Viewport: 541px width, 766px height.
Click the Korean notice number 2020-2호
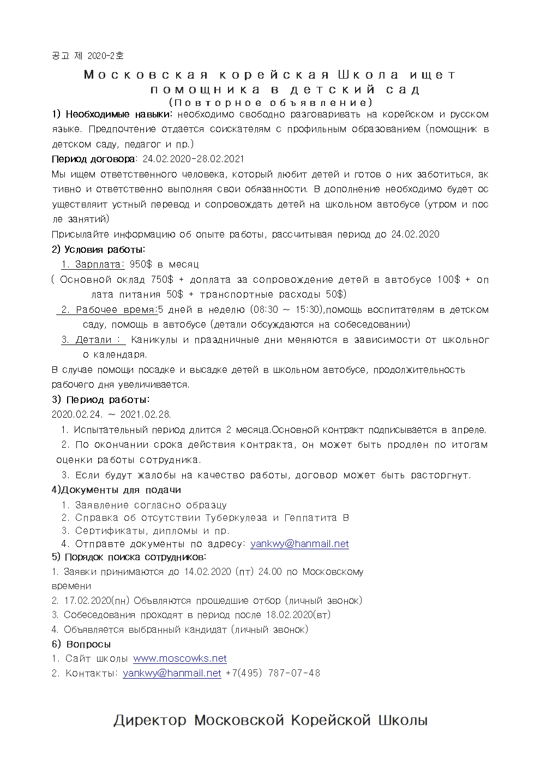pyautogui.click(x=88, y=55)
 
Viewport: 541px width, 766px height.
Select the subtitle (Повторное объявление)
pyautogui.click(x=270, y=102)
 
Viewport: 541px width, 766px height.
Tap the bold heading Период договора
pyautogui.click(x=93, y=159)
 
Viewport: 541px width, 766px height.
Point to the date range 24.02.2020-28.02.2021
pyautogui.click(x=193, y=159)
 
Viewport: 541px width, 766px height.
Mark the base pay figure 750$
pyautogui.click(x=162, y=280)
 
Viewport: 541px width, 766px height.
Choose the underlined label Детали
pyautogui.click(x=93, y=340)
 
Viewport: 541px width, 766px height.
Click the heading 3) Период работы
pyautogui.click(x=100, y=400)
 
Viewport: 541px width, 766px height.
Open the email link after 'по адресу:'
pyautogui.click(x=299, y=544)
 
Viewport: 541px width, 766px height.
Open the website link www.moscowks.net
pyautogui.click(x=180, y=658)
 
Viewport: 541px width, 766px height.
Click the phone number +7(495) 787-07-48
pyautogui.click(x=273, y=673)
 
